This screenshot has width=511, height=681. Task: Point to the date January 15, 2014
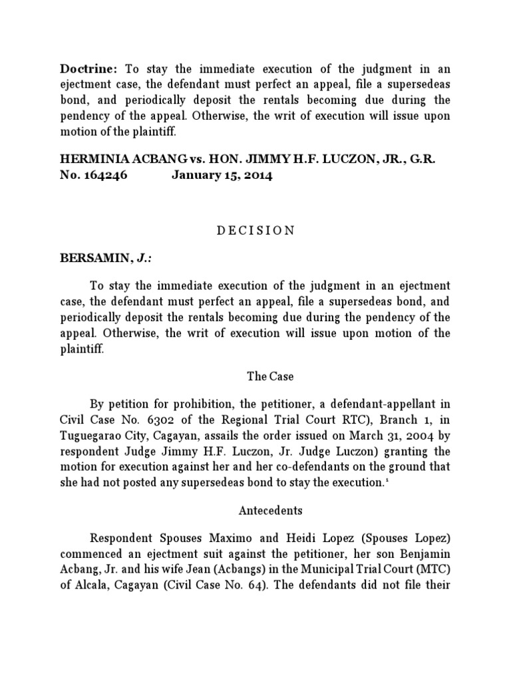coord(222,177)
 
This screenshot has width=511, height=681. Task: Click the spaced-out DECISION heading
coord(255,230)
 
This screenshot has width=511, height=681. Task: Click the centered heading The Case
coord(270,376)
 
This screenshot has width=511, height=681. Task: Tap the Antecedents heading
coord(270,511)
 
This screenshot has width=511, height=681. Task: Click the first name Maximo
coord(216,537)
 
